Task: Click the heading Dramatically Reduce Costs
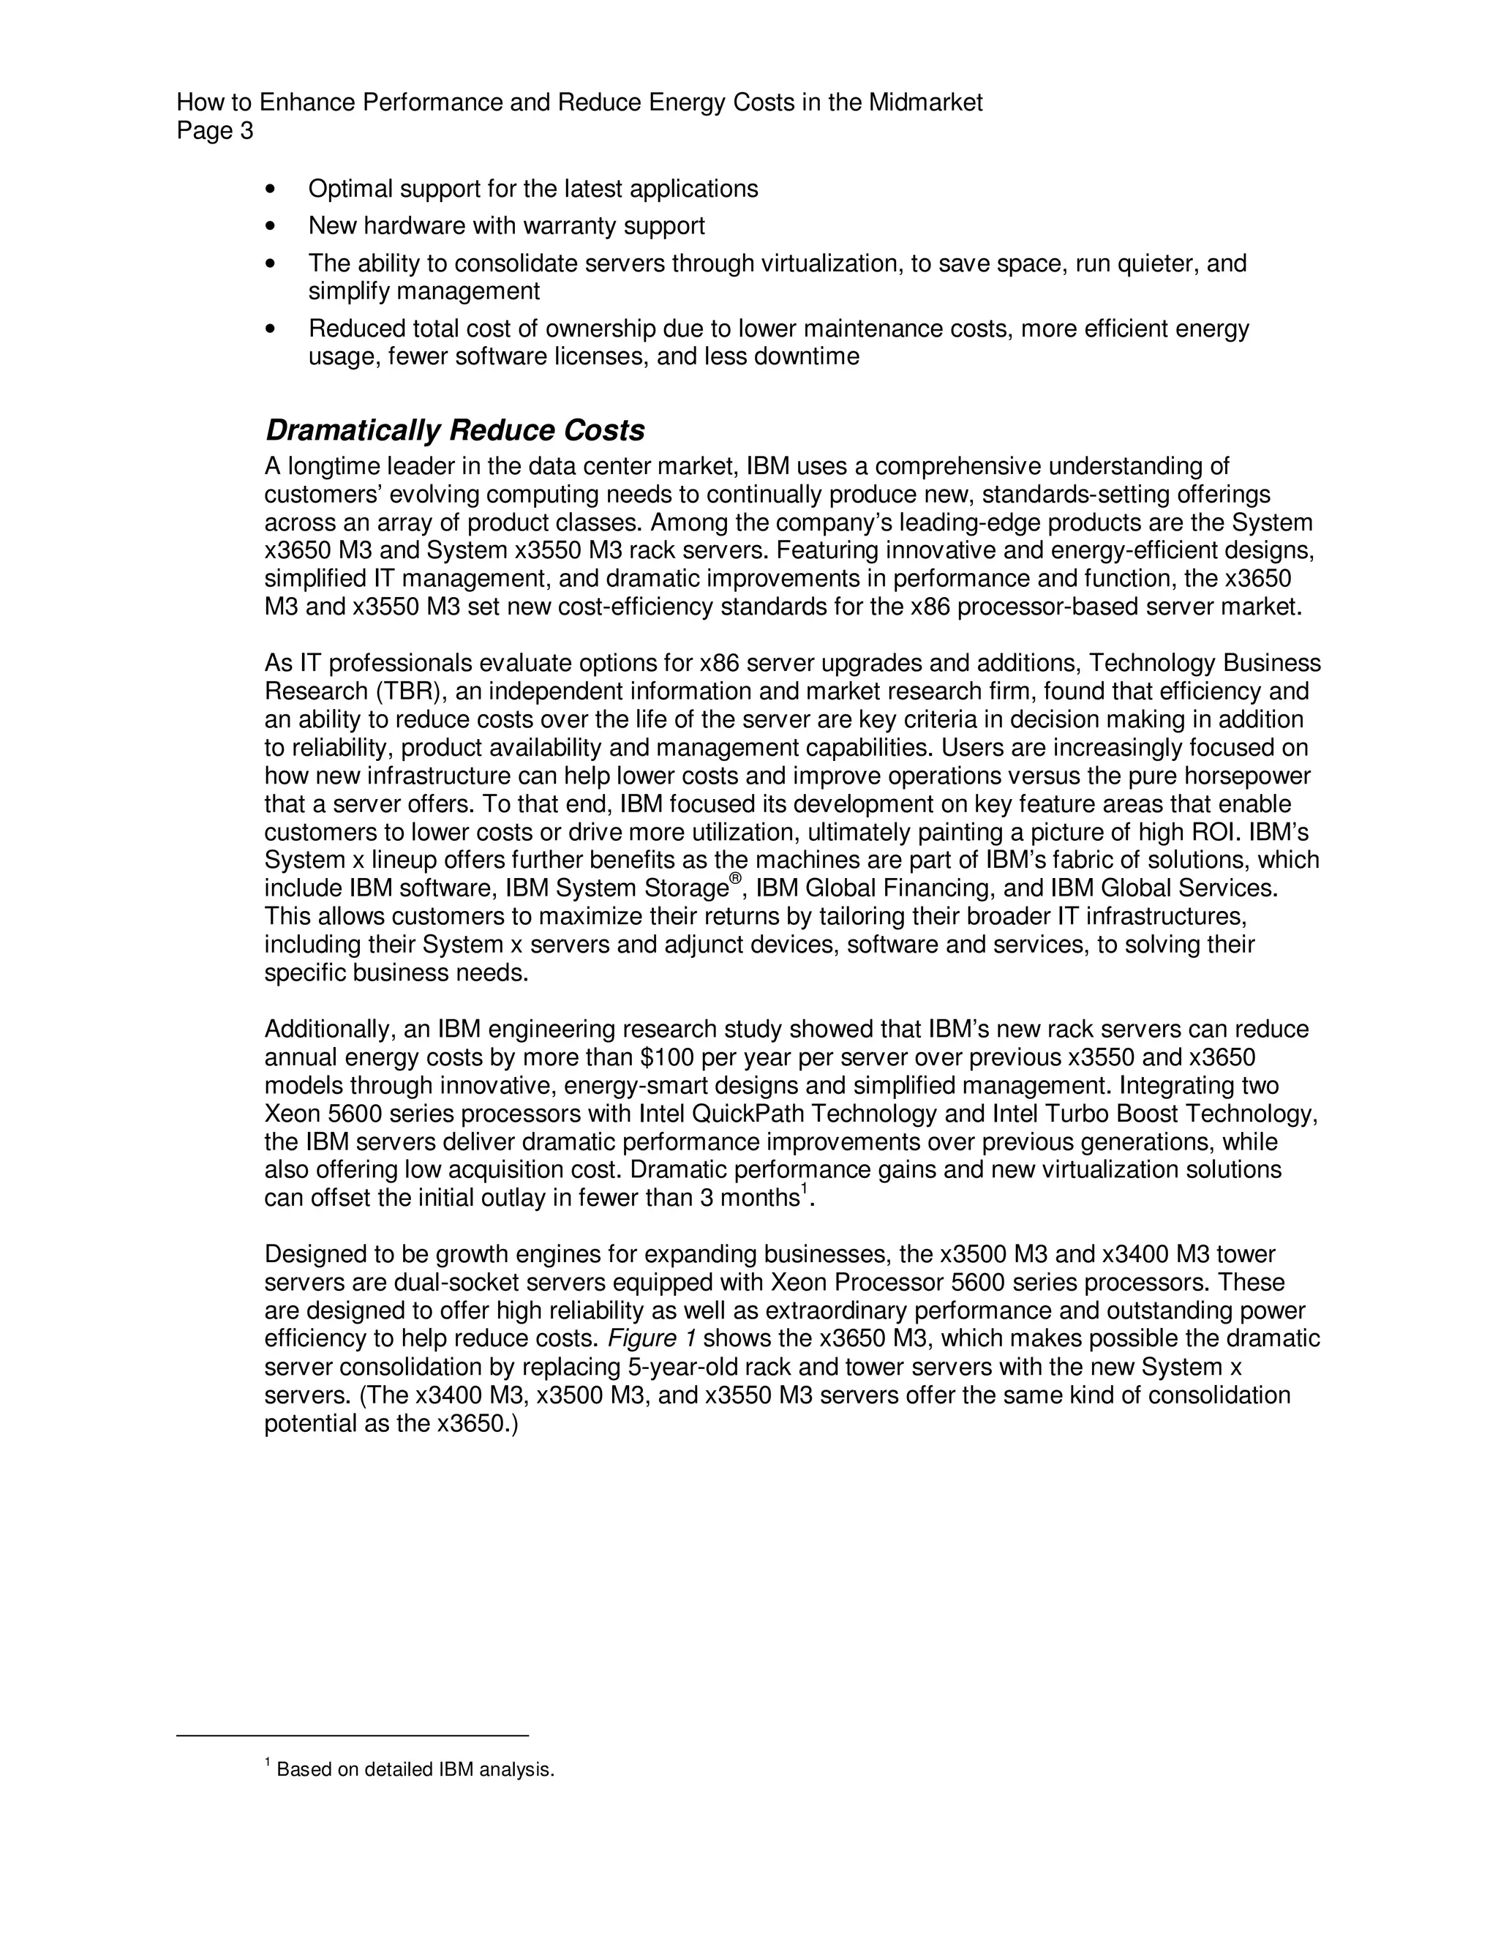(454, 430)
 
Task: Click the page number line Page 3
(215, 132)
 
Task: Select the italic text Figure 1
(652, 1339)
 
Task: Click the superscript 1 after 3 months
(804, 1190)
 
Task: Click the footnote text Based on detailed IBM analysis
(415, 1770)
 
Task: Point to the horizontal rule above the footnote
(353, 1735)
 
